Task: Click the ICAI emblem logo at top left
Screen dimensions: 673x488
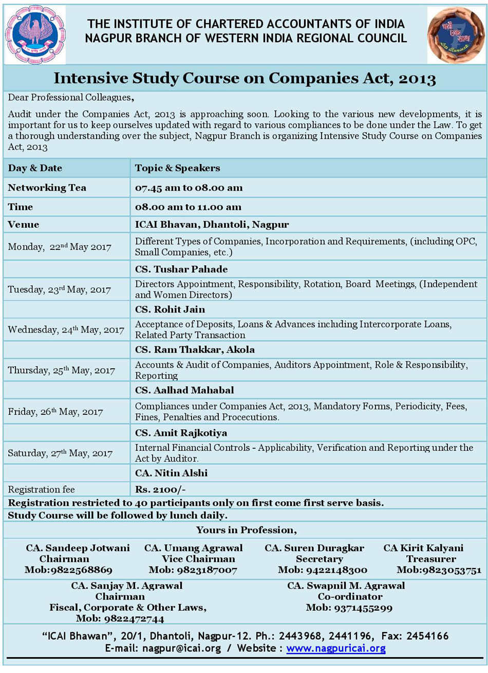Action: [35, 34]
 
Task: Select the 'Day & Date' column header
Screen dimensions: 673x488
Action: [35, 168]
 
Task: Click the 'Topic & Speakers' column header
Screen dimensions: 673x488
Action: [177, 168]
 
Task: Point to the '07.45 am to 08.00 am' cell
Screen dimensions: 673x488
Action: [189, 188]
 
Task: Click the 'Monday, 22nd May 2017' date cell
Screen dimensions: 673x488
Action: [60, 247]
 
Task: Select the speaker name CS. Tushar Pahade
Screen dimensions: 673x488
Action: [181, 269]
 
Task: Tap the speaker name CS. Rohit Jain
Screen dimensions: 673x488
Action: [170, 310]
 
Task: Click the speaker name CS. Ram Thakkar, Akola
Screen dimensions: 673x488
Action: [195, 350]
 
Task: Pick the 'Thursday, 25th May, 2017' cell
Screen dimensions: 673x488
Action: [61, 370]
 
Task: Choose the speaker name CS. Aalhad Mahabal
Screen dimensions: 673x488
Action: [184, 390]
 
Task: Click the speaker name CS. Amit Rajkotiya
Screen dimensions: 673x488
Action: [181, 433]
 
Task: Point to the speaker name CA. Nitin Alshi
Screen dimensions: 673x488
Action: [171, 473]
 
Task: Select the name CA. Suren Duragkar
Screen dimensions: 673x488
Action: [314, 548]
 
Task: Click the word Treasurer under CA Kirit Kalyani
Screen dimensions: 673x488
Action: [431, 559]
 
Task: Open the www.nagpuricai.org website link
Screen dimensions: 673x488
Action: [336, 648]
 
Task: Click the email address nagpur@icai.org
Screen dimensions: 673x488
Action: [181, 648]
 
